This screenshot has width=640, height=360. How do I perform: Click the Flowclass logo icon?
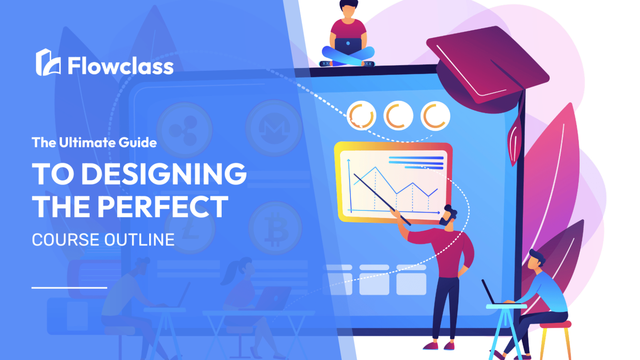click(x=47, y=63)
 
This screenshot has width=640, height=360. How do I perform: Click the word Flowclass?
click(x=120, y=66)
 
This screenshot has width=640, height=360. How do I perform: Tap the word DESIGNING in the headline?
click(x=164, y=174)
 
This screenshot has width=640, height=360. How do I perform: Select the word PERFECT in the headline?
click(x=163, y=207)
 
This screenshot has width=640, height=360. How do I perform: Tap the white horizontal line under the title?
click(x=69, y=287)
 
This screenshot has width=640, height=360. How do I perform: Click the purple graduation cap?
click(x=487, y=67)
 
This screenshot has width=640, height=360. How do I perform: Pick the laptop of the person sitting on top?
click(x=348, y=45)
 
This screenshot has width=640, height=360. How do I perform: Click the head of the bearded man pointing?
click(x=449, y=216)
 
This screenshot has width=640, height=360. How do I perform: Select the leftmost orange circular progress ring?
click(x=361, y=116)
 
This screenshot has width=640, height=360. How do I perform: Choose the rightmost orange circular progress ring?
click(x=435, y=116)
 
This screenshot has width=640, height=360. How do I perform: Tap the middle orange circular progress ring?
click(x=398, y=116)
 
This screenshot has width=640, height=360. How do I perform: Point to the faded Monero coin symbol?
click(x=273, y=127)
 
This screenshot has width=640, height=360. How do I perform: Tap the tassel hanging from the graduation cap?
click(x=515, y=142)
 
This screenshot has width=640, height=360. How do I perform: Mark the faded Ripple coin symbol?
click(x=184, y=129)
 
